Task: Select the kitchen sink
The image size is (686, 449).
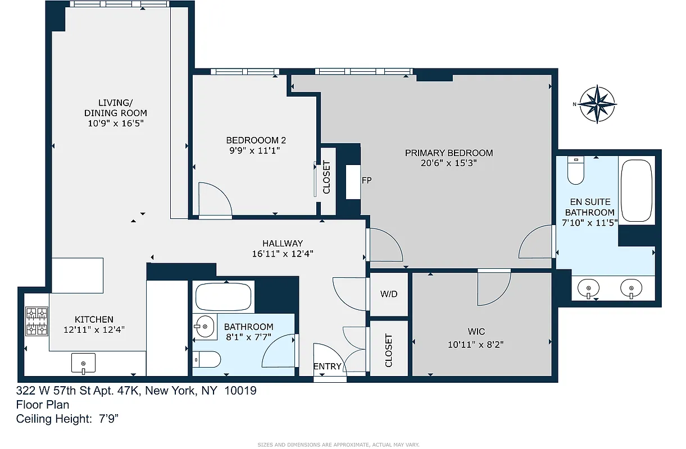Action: coord(83,363)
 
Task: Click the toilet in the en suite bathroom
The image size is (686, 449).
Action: coord(576,171)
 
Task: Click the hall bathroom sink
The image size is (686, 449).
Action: coord(205,326)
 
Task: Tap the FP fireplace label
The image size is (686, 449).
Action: coord(366,180)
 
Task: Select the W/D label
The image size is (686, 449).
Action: coord(389,294)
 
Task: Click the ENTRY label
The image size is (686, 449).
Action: coord(327,366)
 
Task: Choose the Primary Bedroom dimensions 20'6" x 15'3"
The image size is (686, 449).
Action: coord(449,163)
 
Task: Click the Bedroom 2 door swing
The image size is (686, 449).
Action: coord(216,199)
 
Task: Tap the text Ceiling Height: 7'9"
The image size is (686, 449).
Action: coord(67,418)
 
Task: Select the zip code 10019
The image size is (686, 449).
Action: coord(240,391)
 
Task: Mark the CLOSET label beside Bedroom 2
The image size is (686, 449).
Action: coord(326,178)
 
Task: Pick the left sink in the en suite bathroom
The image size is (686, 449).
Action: coord(589,288)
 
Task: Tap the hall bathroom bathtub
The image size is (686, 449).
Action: coord(224,296)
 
